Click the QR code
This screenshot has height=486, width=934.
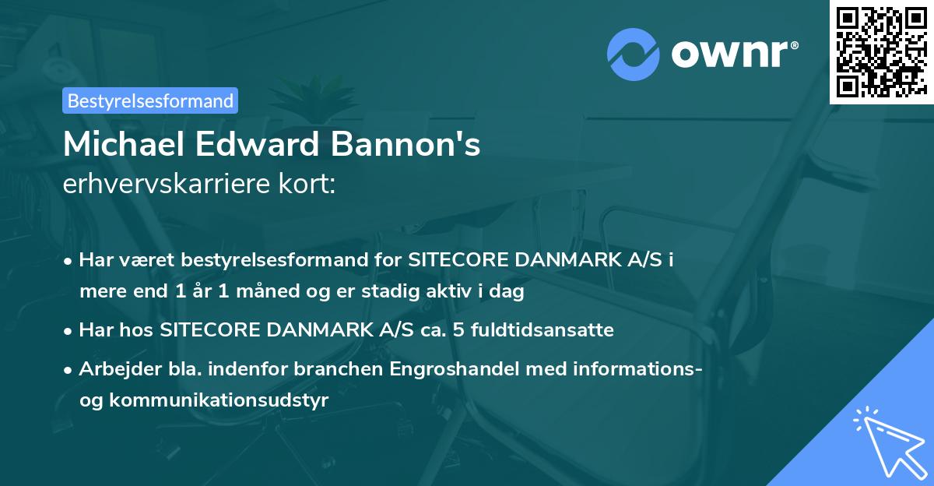(x=881, y=52)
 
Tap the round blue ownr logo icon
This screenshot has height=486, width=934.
(x=633, y=54)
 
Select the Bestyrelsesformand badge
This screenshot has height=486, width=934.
(x=150, y=100)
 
